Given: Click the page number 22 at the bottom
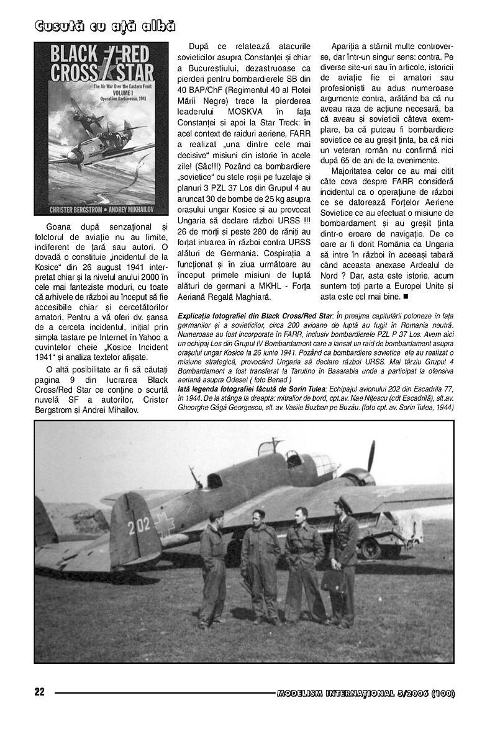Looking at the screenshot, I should (40, 692).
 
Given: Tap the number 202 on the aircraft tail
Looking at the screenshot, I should (140, 527).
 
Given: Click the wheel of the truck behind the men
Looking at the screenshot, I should (371, 548).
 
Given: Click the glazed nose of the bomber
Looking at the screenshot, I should (322, 462).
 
